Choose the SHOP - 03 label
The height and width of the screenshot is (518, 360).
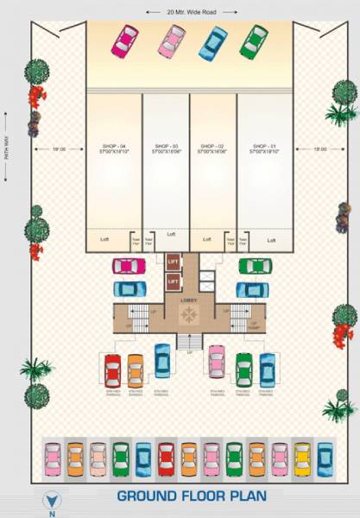tap(166, 147)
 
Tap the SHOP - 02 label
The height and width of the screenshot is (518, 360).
tap(212, 147)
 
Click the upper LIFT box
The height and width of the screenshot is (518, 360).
tap(173, 261)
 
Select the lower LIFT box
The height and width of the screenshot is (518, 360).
tap(173, 281)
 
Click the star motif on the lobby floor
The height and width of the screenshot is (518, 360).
tap(186, 317)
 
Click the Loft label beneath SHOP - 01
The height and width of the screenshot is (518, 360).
tap(272, 240)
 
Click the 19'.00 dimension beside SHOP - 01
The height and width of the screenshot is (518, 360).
tap(320, 149)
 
